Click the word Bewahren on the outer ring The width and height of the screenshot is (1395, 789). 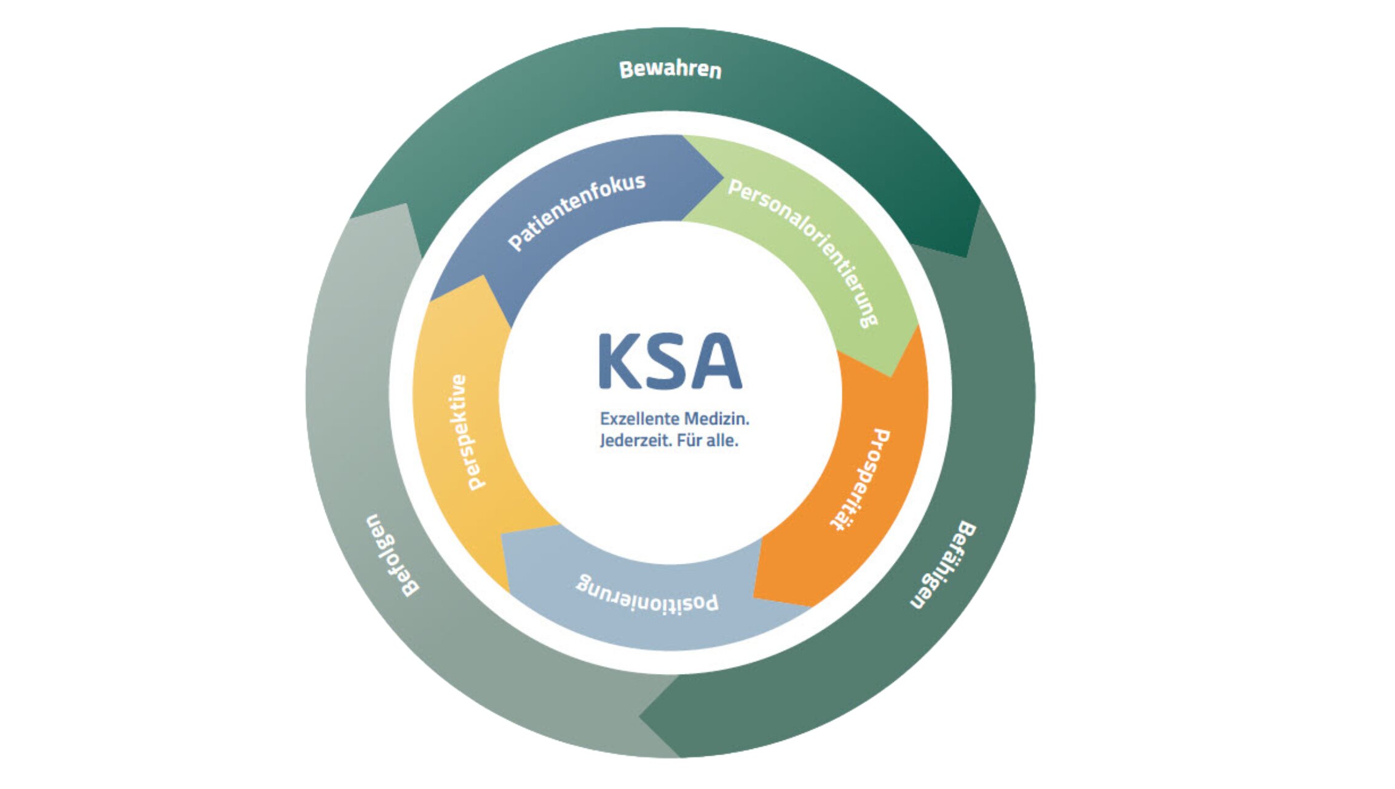tap(670, 69)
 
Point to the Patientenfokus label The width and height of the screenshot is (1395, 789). tap(576, 210)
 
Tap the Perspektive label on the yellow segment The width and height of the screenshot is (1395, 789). tap(467, 432)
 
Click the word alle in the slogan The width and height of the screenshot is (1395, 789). tap(722, 440)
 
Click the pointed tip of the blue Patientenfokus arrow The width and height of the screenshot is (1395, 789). tap(722, 178)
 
